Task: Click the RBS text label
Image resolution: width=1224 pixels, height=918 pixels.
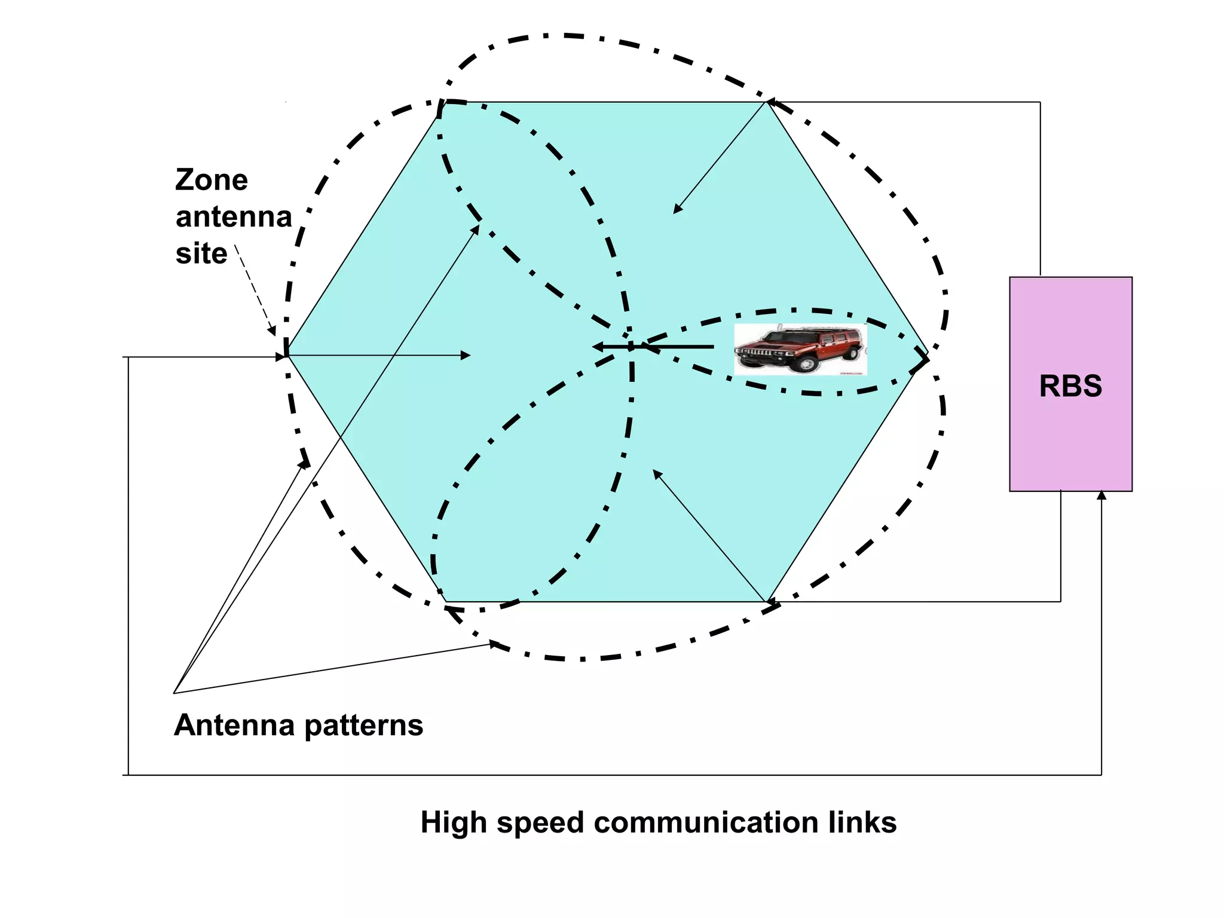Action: click(1070, 386)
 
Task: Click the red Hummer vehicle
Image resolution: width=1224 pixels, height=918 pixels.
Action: click(800, 350)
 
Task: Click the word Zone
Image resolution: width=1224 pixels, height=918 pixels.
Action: click(211, 180)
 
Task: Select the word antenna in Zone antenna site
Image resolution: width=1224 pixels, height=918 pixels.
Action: click(233, 216)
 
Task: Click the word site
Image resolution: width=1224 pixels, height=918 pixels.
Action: click(201, 253)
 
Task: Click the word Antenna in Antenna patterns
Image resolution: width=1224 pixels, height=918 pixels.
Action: click(234, 726)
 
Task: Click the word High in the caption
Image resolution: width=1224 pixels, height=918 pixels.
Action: click(454, 822)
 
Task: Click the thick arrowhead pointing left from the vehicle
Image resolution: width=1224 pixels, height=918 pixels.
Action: click(598, 347)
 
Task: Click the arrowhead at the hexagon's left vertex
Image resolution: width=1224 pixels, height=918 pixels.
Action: click(281, 357)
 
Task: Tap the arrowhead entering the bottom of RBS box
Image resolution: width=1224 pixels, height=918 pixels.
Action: click(1101, 495)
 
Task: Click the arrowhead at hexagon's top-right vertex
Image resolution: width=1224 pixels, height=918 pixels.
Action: click(771, 103)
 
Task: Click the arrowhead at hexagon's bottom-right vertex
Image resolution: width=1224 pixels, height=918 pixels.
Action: click(771, 601)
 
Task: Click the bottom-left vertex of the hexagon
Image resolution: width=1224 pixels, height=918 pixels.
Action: click(446, 602)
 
